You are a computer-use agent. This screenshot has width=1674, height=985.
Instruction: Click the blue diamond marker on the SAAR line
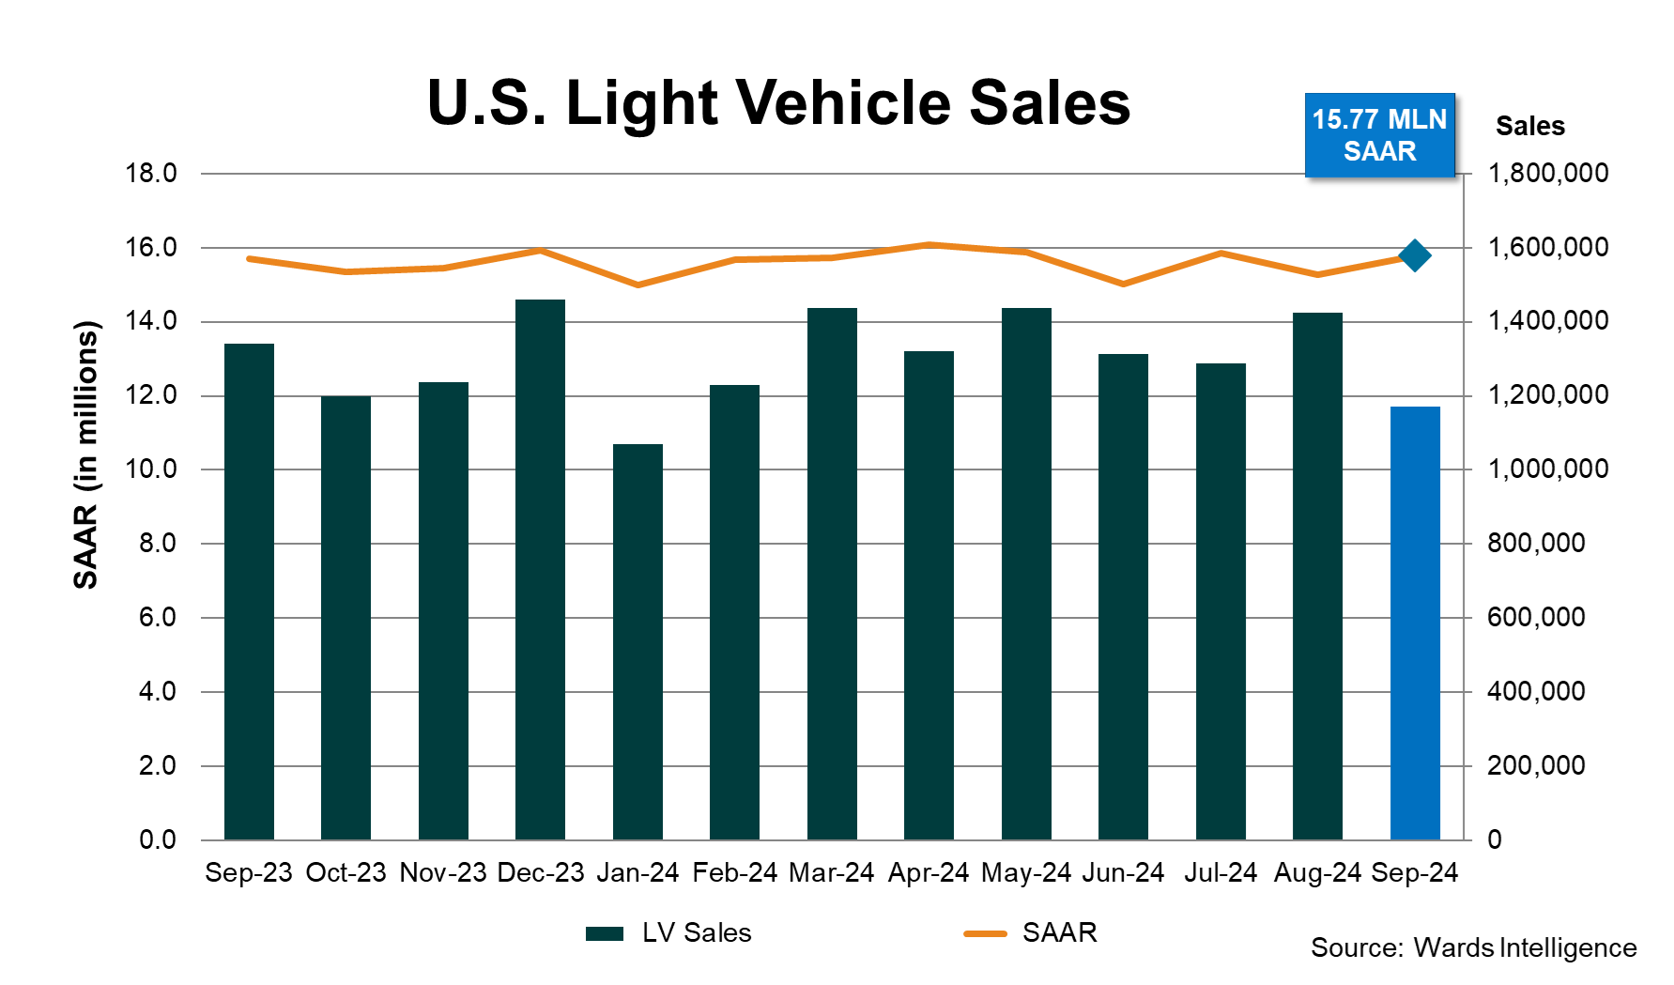pos(1414,255)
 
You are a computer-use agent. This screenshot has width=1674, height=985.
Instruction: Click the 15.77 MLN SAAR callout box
pos(1379,135)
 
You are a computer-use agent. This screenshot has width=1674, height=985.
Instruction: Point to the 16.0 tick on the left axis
pos(151,248)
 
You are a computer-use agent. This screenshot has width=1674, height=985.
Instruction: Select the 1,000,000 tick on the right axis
pos(1547,469)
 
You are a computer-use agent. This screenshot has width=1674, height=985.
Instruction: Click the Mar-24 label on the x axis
pos(831,872)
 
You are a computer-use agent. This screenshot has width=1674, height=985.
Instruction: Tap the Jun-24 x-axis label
pos(1123,872)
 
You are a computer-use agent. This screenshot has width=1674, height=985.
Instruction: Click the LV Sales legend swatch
pos(605,933)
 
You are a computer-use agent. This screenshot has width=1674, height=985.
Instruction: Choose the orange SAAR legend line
pos(985,933)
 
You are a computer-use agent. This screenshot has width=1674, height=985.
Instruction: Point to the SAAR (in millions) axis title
pos(85,455)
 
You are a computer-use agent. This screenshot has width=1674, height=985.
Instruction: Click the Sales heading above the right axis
pos(1529,126)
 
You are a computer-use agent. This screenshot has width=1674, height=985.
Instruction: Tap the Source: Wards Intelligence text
pos(1473,947)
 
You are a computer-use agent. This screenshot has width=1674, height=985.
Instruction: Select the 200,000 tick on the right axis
pos(1536,765)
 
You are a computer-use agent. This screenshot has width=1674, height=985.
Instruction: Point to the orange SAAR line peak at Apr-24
pos(929,245)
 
